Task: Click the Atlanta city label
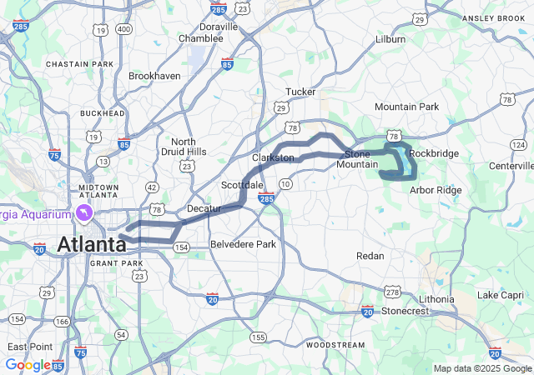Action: tap(92, 244)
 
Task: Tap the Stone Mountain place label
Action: tap(364, 159)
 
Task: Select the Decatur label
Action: tap(204, 208)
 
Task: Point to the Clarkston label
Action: tap(273, 157)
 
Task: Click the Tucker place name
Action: tap(300, 92)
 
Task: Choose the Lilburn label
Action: tap(390, 39)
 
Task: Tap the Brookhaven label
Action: tap(154, 76)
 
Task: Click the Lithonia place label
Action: tap(437, 298)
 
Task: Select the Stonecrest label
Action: tap(405, 311)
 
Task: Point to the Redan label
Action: tap(370, 256)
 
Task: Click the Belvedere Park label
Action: tap(243, 244)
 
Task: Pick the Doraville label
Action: tap(219, 27)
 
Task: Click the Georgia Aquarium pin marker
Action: tap(84, 213)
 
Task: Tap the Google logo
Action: tap(28, 364)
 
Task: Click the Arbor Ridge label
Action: tap(436, 190)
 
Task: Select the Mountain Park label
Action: tap(406, 107)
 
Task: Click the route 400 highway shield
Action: tap(124, 30)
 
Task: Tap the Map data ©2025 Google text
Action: tap(481, 368)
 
